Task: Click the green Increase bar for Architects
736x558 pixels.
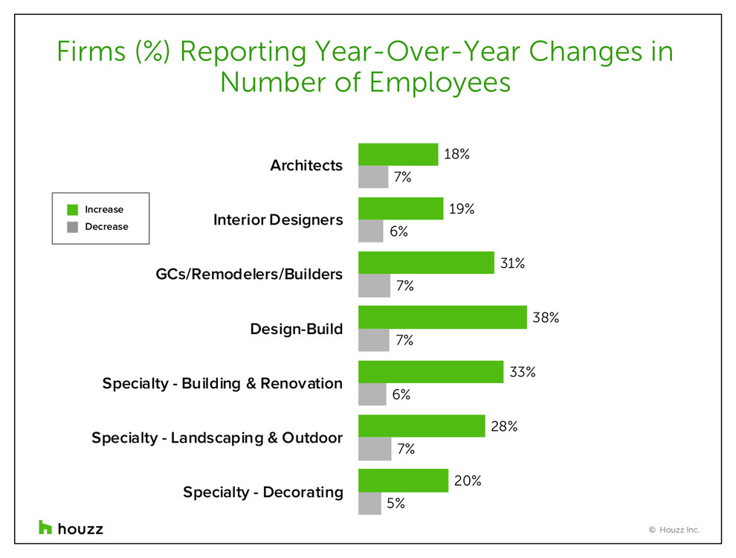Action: (398, 154)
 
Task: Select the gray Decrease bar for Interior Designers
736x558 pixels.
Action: (371, 231)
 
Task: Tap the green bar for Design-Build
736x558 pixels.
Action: (442, 318)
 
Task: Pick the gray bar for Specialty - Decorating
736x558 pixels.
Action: (369, 504)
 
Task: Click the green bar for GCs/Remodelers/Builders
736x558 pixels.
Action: (426, 263)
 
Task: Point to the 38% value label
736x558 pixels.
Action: (546, 318)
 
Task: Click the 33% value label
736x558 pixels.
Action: (523, 372)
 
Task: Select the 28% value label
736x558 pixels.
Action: (504, 427)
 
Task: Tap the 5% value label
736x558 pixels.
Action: (396, 504)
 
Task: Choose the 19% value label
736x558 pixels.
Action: (462, 209)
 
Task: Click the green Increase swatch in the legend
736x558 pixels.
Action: (72, 210)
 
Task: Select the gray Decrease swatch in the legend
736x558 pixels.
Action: (72, 227)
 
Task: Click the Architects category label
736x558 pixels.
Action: (306, 165)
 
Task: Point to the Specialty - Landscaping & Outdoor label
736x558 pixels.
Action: (217, 437)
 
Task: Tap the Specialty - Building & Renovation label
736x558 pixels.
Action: (222, 383)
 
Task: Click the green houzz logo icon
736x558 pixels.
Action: (46, 527)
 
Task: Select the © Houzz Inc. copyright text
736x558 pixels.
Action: (674, 530)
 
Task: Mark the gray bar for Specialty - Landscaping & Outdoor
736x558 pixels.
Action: (375, 449)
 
